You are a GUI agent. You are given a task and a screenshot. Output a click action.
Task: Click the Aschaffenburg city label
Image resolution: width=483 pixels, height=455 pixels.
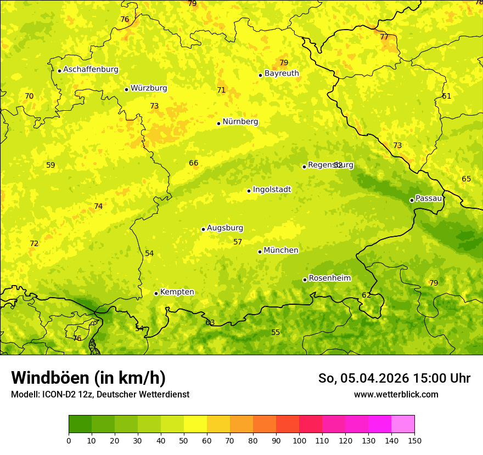[91, 70]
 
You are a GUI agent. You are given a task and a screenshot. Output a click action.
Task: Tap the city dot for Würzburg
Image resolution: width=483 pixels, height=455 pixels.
[126, 89]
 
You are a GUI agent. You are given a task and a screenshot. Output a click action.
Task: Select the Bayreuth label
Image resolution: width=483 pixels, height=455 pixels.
[282, 73]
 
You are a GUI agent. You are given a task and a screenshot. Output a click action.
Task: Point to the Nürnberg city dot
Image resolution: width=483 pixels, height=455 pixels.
[218, 123]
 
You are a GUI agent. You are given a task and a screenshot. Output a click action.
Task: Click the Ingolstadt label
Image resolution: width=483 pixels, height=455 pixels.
[272, 190]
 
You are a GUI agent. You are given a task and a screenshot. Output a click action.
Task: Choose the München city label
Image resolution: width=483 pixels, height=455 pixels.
[281, 251]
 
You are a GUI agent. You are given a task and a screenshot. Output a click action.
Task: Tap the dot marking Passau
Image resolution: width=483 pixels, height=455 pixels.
[412, 200]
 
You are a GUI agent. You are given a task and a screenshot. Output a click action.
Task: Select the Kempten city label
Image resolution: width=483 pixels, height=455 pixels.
[177, 292]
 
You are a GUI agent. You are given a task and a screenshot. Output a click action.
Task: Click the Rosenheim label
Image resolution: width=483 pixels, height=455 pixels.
[329, 278]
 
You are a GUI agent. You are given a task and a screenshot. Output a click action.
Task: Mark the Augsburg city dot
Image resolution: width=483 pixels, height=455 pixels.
[203, 229]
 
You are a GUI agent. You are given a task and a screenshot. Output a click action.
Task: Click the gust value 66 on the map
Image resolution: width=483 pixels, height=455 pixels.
[194, 163]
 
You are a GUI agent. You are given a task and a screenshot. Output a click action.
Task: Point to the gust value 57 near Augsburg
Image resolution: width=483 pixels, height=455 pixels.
[238, 242]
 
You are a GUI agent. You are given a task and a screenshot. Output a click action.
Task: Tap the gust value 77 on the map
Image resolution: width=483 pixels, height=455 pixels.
[384, 37]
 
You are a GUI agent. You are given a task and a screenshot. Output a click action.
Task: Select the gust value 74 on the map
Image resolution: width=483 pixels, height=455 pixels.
[98, 206]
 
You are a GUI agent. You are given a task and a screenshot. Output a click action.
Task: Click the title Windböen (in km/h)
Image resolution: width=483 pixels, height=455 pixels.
[88, 378]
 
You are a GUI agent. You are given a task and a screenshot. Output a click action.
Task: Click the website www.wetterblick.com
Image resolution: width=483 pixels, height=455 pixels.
[396, 394]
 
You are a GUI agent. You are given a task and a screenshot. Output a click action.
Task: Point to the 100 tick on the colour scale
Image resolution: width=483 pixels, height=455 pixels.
[299, 440]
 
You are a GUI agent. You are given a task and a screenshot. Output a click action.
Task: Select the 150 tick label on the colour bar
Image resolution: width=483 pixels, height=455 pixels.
[414, 440]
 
